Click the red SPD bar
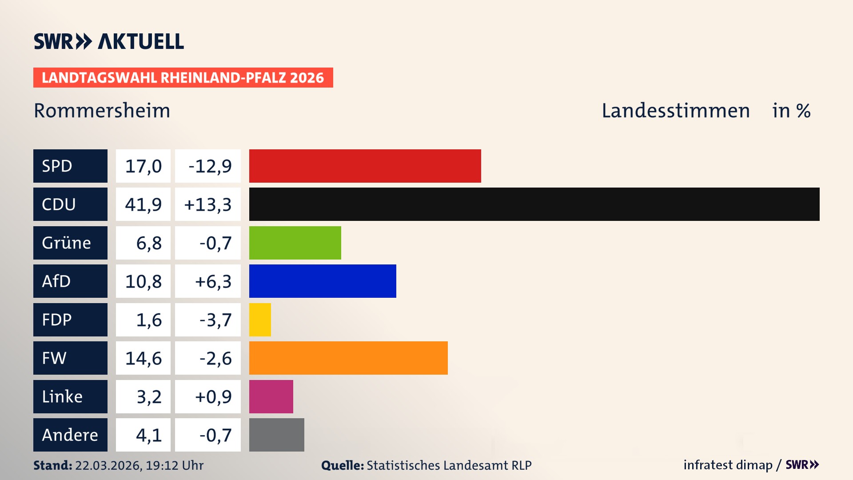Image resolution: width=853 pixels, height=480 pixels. coord(365,166)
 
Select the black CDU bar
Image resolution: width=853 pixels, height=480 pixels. coord(534,204)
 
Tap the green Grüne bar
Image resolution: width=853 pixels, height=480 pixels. coord(295,243)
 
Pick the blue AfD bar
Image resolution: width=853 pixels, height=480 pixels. coord(323,281)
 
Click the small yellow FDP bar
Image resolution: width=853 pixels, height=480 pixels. coord(260,320)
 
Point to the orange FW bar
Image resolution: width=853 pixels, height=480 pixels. coord(348,358)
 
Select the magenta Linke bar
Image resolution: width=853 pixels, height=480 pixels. coord(271,396)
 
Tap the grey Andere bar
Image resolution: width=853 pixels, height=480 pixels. coord(276,435)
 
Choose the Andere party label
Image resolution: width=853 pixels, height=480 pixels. coord(70,435)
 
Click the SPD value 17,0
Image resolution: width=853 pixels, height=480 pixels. coord(143,166)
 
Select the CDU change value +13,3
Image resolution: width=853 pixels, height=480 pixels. coord(207,204)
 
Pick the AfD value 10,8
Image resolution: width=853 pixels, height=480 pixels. coord(143,281)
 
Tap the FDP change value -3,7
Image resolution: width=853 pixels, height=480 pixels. coord(215,320)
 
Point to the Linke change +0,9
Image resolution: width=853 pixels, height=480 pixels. coord(213,396)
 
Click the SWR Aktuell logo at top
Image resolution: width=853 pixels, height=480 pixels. coord(108,41)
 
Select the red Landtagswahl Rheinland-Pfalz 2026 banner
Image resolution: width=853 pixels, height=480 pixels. coord(183,77)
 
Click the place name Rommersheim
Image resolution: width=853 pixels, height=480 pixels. coord(102,110)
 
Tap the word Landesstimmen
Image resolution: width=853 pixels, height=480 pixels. coord(675,110)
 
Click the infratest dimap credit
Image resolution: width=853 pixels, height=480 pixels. coord(728,465)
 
